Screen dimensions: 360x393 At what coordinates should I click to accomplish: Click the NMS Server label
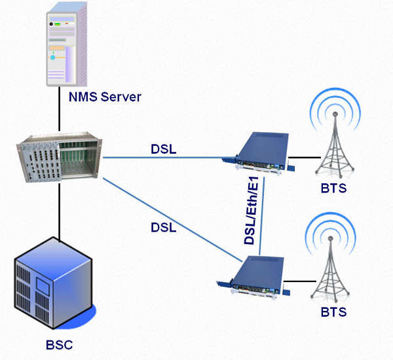105,98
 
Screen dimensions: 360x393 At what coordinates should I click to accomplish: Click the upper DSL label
164,150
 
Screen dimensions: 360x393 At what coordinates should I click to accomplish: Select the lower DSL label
164,227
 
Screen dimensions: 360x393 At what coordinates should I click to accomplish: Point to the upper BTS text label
334,189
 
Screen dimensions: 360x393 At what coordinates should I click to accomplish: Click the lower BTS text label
334,314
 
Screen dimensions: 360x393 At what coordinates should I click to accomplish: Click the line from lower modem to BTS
300,282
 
